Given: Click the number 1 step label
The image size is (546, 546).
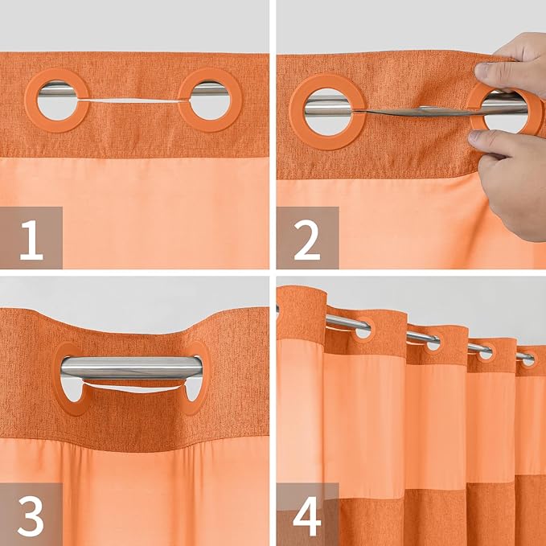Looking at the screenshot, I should [x=31, y=238].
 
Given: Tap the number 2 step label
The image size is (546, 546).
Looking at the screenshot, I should [x=307, y=238].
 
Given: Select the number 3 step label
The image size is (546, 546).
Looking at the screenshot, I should [x=31, y=515].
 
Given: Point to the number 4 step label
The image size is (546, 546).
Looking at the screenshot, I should [x=307, y=515].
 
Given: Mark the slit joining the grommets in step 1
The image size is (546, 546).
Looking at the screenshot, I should [x=133, y=99].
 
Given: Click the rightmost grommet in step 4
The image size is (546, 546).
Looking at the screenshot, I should [x=528, y=359].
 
